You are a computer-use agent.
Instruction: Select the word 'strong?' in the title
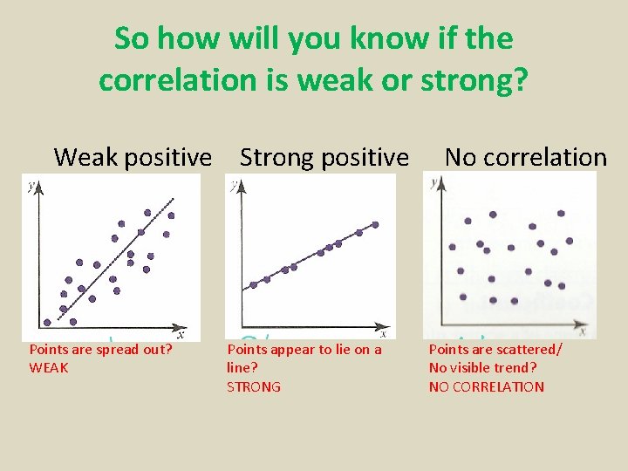coord(474,79)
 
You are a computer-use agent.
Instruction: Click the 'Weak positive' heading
coord(133,157)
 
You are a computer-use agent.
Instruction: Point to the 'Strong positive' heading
coord(324,157)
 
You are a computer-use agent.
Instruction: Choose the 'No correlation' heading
coord(525,157)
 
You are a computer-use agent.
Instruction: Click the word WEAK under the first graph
coord(49,368)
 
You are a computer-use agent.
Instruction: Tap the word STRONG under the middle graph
coord(254,387)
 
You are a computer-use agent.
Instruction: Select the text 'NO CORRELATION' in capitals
coord(486,387)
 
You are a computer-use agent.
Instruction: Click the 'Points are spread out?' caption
coord(100,350)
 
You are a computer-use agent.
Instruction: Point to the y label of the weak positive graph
coord(31,185)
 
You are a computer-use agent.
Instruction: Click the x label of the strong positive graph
coord(383,332)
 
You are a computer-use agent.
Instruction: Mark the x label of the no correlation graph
coord(582,331)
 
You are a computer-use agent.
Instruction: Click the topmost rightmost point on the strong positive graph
coord(375,224)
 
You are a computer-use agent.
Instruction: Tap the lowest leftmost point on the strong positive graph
coord(254,284)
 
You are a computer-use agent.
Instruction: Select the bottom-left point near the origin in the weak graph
coord(47,322)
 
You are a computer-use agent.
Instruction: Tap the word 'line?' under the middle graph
coord(242,368)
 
